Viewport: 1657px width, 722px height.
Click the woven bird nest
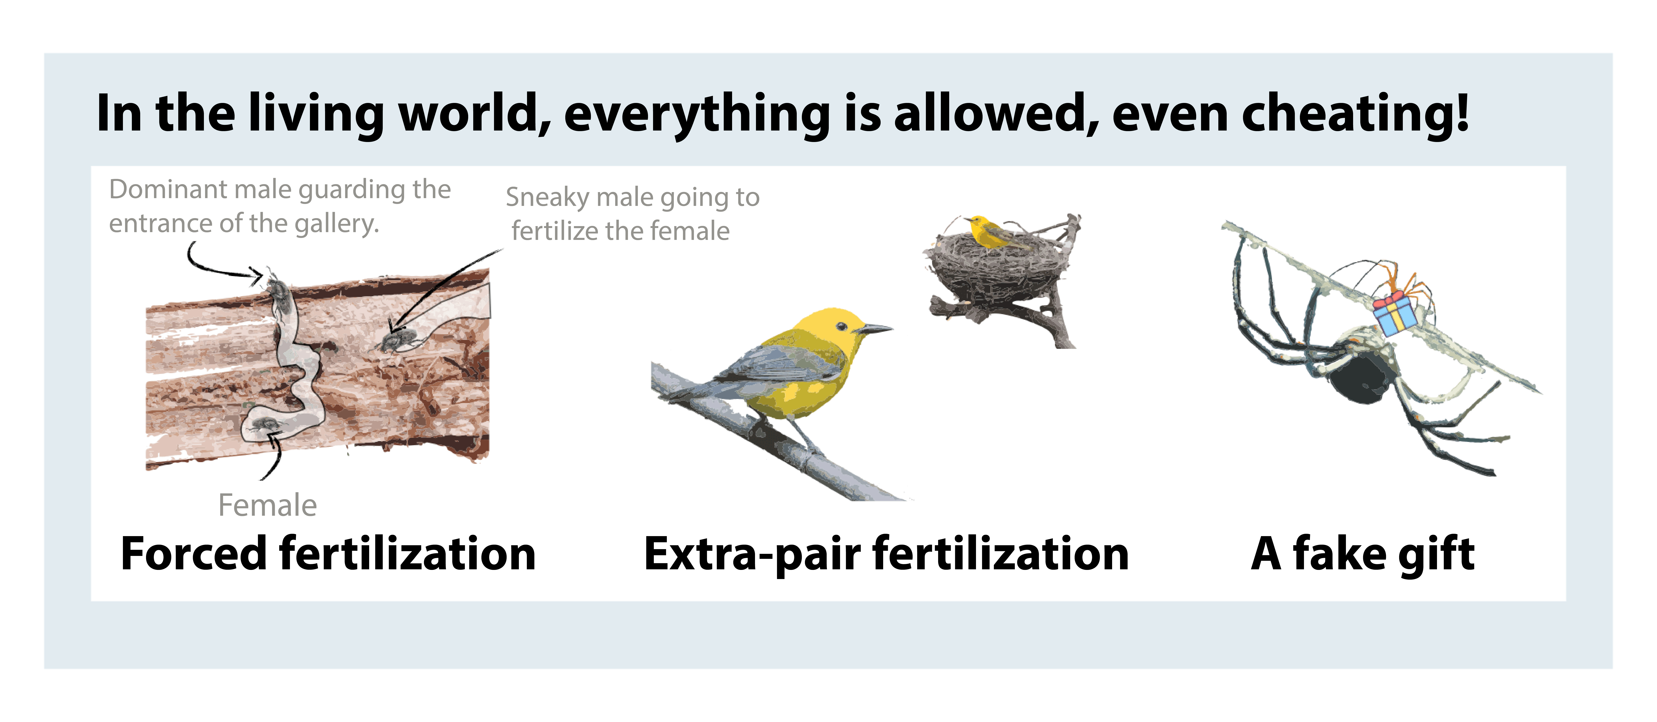click(x=994, y=267)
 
